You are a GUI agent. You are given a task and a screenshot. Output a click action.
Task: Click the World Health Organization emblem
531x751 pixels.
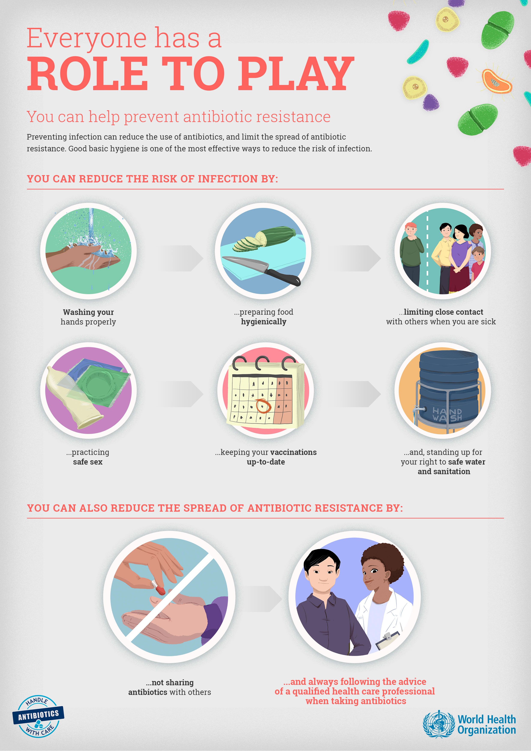tap(439, 724)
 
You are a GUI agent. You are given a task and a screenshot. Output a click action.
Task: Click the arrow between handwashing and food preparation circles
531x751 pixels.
tap(181, 258)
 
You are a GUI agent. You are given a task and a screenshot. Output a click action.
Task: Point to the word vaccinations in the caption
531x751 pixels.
tap(294, 452)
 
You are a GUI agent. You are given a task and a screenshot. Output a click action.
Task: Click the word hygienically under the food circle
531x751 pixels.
tap(264, 322)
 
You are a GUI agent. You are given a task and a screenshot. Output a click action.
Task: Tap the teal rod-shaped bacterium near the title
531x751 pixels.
tap(418, 52)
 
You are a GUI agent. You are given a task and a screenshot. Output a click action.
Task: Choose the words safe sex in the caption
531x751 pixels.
tap(88, 462)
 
